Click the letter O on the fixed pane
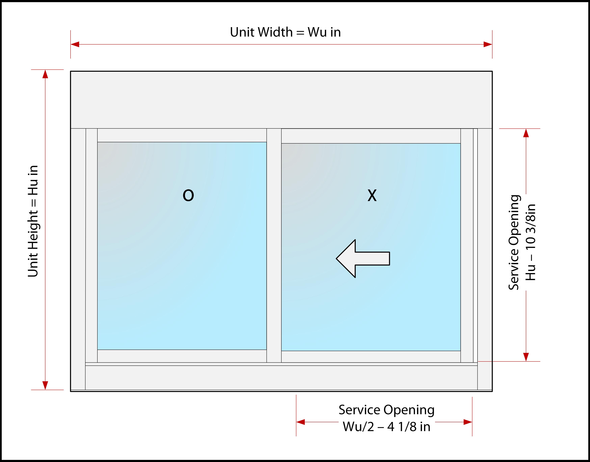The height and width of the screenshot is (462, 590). coord(188,195)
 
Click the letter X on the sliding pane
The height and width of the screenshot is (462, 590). coord(372,195)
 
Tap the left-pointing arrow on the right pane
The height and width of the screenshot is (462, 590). coord(363,259)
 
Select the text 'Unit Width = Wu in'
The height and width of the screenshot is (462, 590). coord(285,32)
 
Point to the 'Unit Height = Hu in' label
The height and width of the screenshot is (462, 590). coord(33,221)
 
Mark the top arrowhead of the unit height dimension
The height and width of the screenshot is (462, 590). coord(45,74)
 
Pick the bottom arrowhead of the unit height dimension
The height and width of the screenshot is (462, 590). coord(45,385)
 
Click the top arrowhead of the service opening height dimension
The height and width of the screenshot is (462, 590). coord(526,133)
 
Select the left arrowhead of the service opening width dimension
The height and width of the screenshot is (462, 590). coord(300,422)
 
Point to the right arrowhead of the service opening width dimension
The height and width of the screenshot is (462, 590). coord(468,422)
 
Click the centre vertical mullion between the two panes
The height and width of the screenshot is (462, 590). coord(274,245)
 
